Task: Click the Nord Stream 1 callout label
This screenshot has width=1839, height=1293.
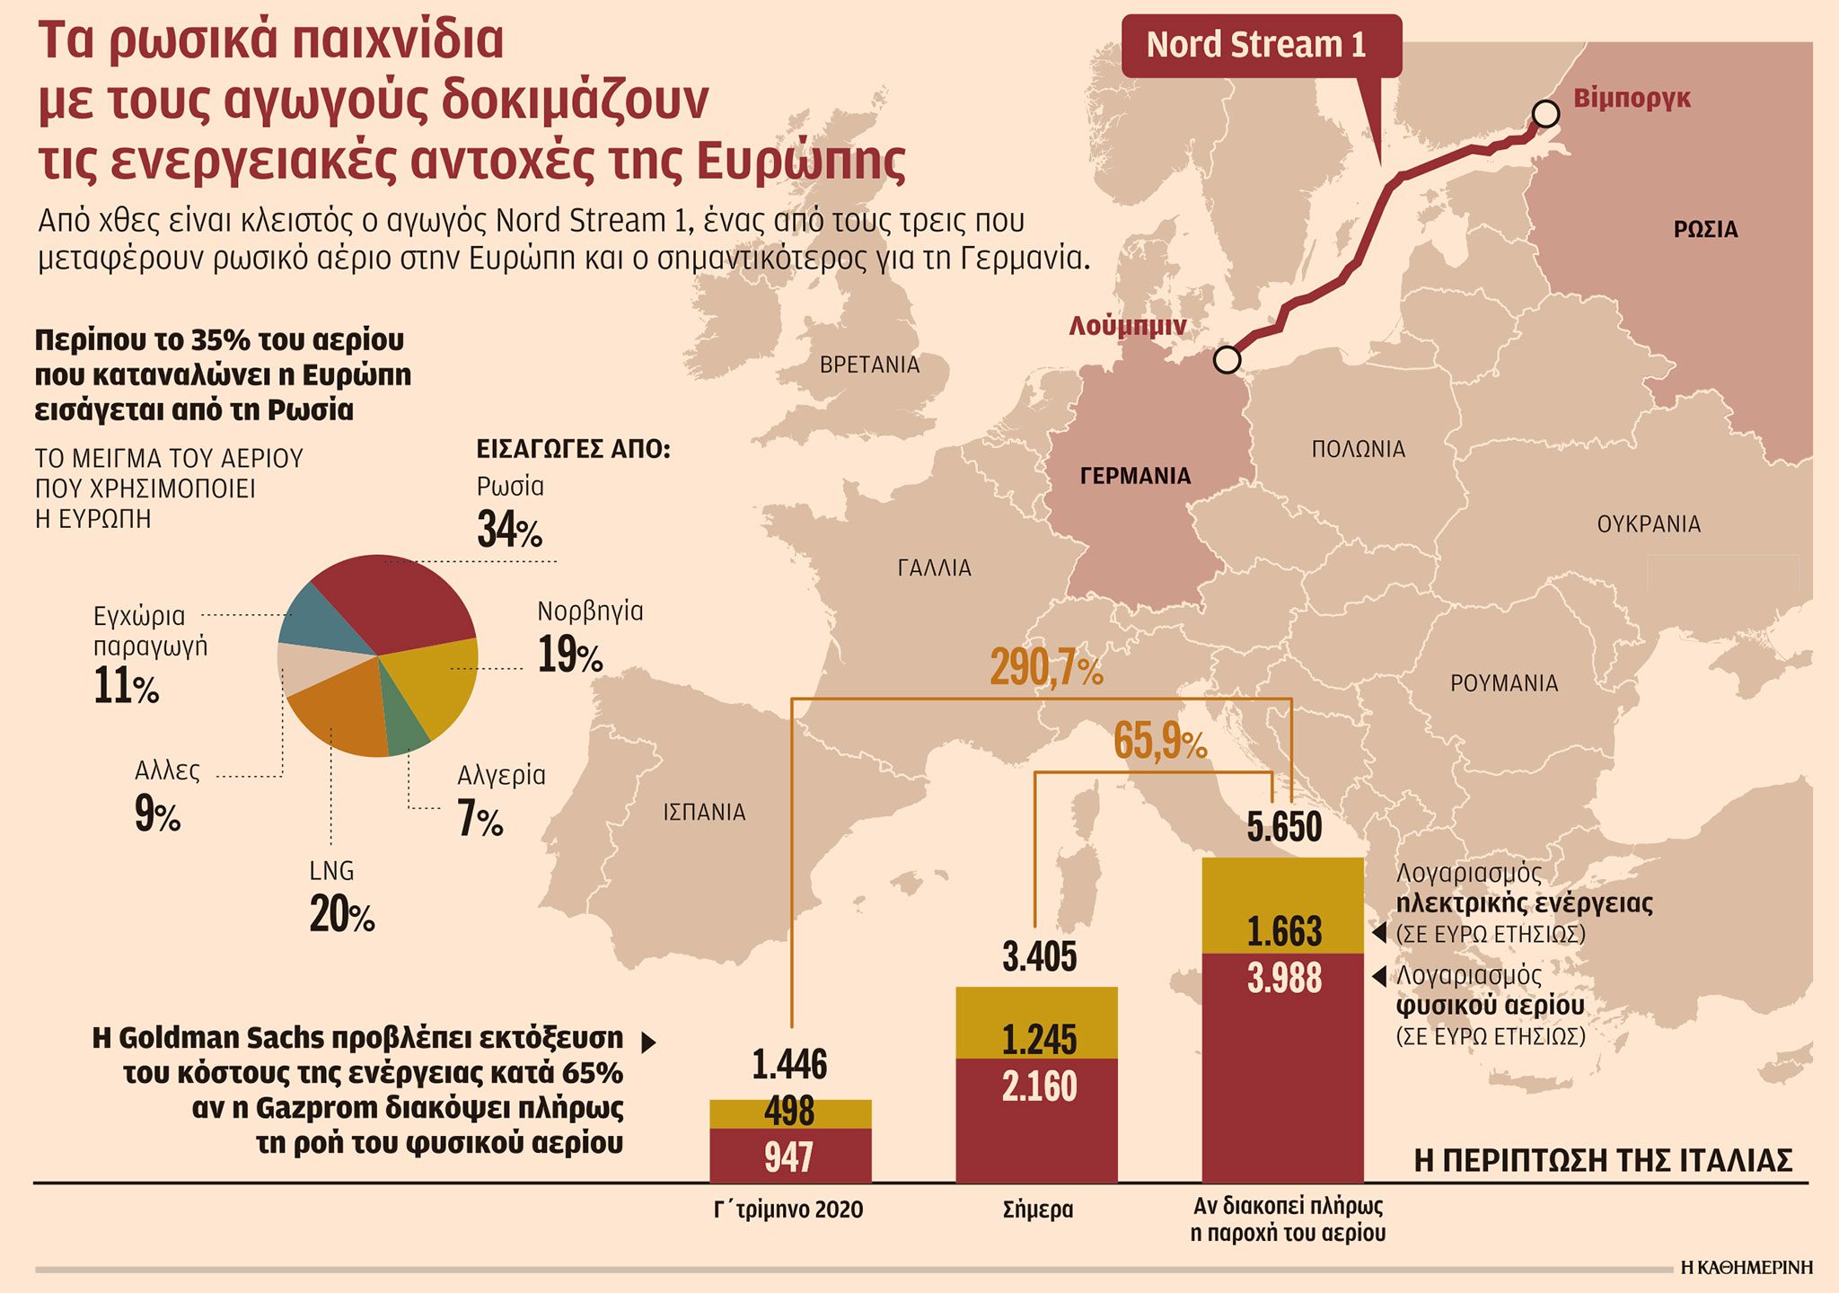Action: click(1256, 45)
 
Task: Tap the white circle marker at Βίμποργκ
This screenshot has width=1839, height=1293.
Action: click(1545, 114)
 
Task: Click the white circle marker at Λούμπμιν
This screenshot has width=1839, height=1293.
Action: click(1227, 359)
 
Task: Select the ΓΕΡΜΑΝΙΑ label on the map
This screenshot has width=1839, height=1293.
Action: click(1135, 476)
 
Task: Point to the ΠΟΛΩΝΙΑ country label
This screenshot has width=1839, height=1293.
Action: click(1358, 449)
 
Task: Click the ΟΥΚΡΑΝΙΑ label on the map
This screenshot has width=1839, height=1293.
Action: click(1649, 524)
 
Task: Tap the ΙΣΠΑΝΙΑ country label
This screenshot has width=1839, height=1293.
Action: click(704, 813)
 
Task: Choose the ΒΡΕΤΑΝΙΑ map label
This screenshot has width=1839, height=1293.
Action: click(869, 365)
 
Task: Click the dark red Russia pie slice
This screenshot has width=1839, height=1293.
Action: click(395, 602)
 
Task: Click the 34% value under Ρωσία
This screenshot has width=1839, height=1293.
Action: click(509, 530)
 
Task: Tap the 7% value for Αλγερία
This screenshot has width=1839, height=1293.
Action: click(480, 819)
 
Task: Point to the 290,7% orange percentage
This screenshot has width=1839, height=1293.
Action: click(1046, 669)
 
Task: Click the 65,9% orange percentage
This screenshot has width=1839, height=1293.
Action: click(1160, 743)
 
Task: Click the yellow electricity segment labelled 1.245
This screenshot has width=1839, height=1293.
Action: click(1038, 1024)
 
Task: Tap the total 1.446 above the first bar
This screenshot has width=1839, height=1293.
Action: click(789, 1065)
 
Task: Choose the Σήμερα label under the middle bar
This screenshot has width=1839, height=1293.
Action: click(1038, 1209)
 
